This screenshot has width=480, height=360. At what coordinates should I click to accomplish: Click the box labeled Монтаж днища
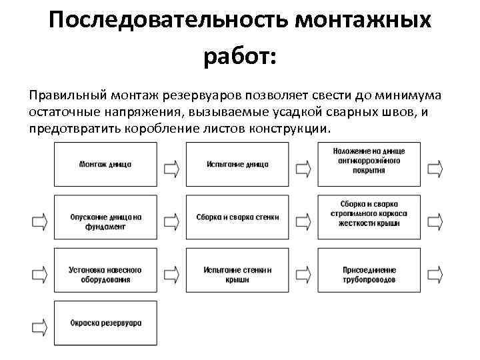click(x=105, y=164)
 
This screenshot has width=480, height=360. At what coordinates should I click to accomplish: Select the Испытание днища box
click(x=237, y=164)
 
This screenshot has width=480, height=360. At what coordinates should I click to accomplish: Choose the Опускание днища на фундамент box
click(x=105, y=218)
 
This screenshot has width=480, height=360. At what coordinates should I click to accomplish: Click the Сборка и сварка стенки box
click(x=237, y=218)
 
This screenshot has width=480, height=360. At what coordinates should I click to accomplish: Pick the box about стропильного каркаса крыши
click(x=370, y=218)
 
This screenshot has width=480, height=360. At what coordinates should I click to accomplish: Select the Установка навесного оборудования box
click(x=105, y=275)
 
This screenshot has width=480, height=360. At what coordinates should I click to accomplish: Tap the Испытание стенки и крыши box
click(x=237, y=275)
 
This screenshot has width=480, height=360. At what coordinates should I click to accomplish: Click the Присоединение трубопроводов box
click(x=370, y=275)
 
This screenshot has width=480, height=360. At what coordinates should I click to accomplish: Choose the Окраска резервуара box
click(x=105, y=323)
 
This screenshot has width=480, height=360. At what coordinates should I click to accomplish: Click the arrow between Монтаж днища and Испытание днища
click(x=171, y=165)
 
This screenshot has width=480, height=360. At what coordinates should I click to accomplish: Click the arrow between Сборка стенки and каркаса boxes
click(x=304, y=219)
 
